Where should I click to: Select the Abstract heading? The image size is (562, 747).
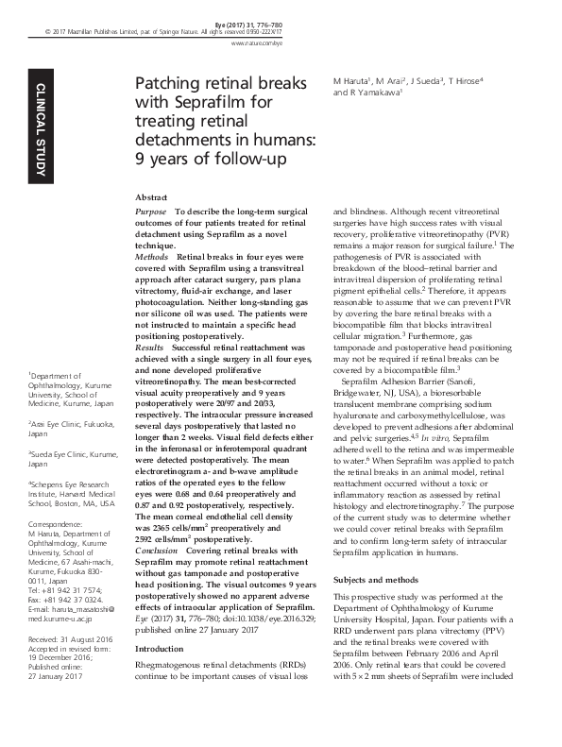(151, 195)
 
